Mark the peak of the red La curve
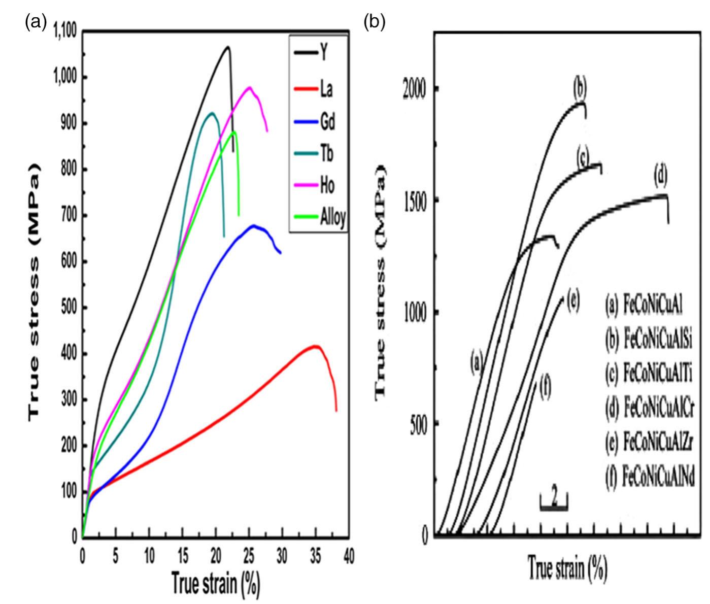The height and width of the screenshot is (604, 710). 315,347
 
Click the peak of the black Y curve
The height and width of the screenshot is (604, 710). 228,47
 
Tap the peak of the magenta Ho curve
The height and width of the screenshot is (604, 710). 249,87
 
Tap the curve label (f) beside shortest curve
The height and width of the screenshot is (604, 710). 546,389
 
